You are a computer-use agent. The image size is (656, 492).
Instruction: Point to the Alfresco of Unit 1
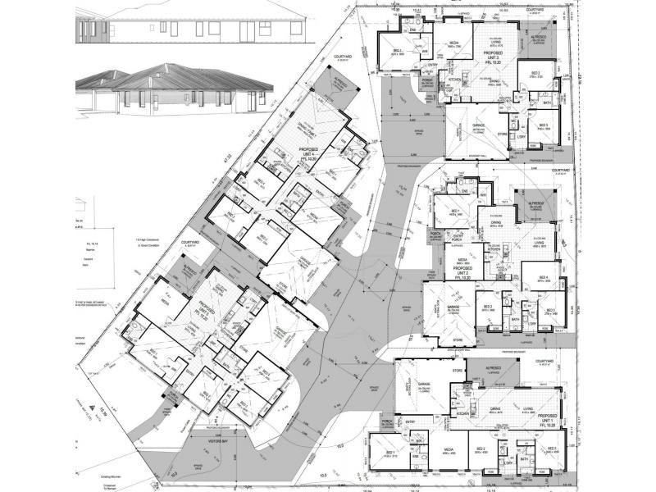pyautogui.click(x=496, y=370)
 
